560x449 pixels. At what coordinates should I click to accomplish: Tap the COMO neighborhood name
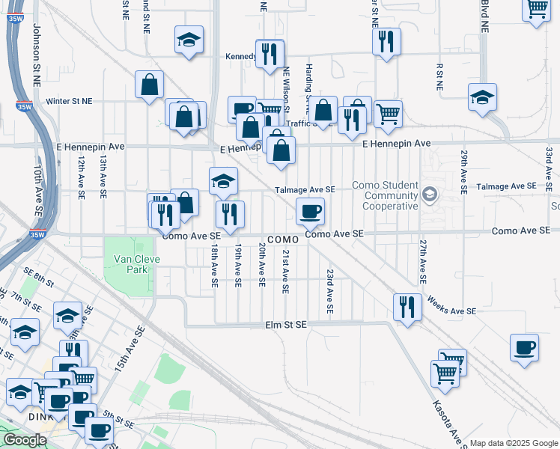coord(282,239)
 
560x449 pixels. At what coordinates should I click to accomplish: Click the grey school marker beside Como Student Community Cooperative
coord(430,195)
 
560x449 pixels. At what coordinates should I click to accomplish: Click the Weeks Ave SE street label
coord(451,306)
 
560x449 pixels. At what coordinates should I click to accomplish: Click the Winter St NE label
coord(69,100)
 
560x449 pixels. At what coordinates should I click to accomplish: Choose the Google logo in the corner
coord(25,440)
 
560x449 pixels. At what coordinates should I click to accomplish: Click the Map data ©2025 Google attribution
coord(514,443)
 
